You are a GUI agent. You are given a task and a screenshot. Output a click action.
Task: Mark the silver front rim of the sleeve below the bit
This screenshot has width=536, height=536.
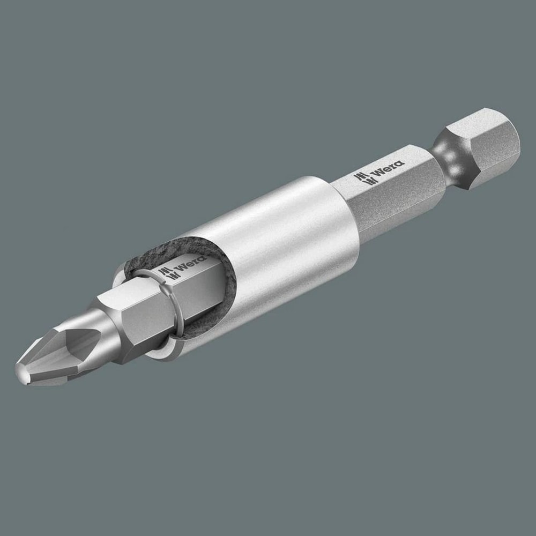coord(161,354)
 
